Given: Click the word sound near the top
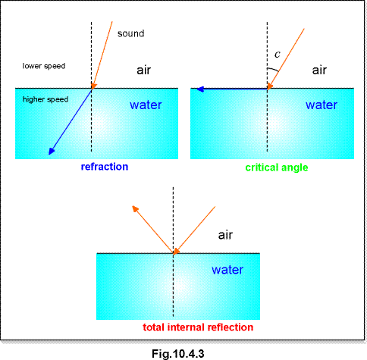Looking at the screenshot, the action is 130,33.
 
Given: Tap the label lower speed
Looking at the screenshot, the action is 44,66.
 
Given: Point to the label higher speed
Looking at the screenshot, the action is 45,99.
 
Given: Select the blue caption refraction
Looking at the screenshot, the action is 105,167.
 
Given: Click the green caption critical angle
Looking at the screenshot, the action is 277,167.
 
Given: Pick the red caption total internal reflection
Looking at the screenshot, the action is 198,327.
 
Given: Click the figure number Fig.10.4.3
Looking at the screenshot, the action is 178,353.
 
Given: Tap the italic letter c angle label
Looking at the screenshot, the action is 278,55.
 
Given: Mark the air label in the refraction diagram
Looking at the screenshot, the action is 143,70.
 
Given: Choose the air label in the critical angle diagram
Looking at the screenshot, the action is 319,70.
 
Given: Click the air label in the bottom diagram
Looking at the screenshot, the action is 225,235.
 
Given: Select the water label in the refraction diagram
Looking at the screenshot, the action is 146,105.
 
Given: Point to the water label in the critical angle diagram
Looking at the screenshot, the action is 322,105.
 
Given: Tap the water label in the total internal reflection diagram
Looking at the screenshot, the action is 227,270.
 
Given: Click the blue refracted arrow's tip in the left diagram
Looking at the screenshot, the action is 49,154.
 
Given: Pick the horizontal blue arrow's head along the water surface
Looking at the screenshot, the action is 197,89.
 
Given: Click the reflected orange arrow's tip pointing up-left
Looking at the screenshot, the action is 133,206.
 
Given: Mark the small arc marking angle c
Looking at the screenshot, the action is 274,69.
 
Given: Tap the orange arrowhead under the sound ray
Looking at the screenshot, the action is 93,86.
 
